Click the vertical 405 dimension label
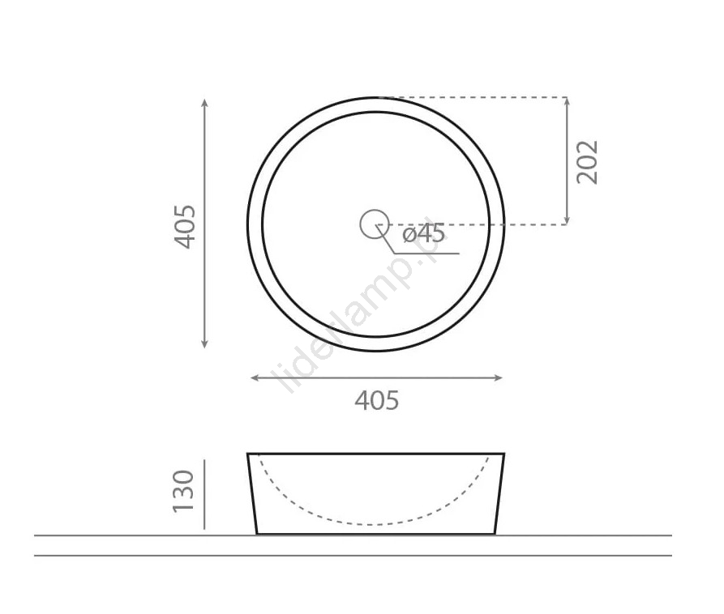pyautogui.click(x=185, y=227)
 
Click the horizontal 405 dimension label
pyautogui.click(x=376, y=400)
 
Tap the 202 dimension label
pyautogui.click(x=587, y=162)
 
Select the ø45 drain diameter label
pyautogui.click(x=423, y=233)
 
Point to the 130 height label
pyautogui.click(x=183, y=491)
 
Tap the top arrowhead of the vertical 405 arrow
pyautogui.click(x=204, y=102)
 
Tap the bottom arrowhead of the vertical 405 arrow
pyautogui.click(x=204, y=343)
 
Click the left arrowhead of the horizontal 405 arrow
pyautogui.click(x=255, y=377)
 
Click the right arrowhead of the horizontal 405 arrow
pyautogui.click(x=498, y=377)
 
